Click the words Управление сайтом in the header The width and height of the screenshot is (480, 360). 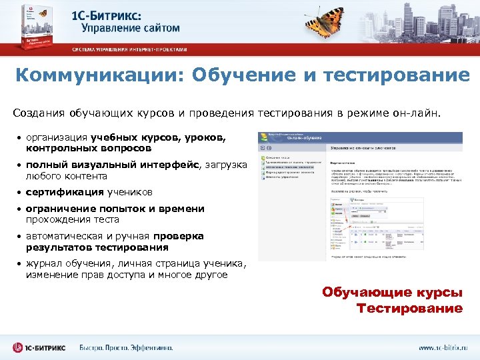click(131, 28)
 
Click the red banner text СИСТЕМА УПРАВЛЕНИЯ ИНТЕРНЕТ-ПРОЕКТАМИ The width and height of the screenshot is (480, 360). click(130, 49)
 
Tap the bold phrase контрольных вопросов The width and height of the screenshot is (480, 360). click(89, 148)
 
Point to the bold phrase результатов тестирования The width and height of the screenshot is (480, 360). click(97, 247)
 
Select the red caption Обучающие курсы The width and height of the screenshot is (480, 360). click(392, 293)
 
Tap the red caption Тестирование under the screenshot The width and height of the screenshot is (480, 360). click(409, 308)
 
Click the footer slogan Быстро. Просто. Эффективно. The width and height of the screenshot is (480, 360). click(126, 347)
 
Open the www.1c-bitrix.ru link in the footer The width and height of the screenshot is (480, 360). click(443, 347)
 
